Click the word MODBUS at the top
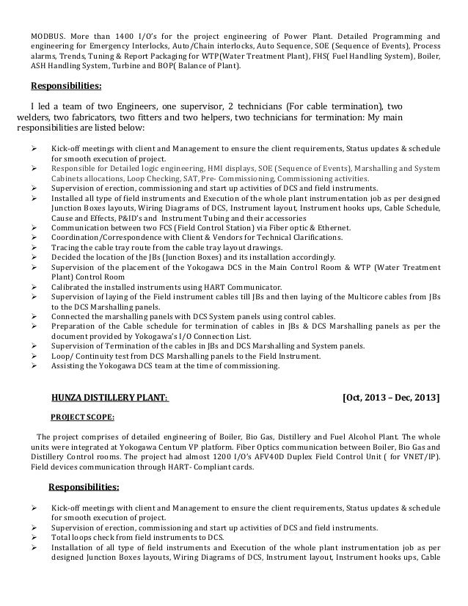[45, 36]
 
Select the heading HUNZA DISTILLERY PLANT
[109, 398]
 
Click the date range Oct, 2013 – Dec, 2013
[391, 398]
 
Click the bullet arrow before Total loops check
[35, 536]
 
